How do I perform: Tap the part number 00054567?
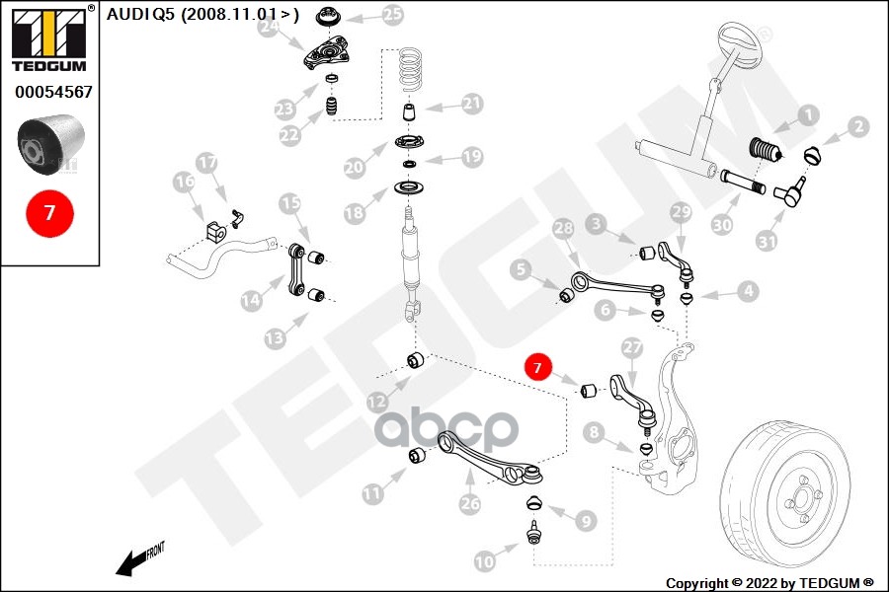coord(53,92)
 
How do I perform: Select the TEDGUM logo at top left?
coord(46,38)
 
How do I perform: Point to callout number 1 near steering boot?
coord(809,115)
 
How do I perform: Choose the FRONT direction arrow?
coord(137,560)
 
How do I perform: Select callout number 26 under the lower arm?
coord(469,504)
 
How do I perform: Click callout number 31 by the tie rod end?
coord(768,240)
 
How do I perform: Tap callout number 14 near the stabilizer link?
coord(251,298)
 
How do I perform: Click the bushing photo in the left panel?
coord(49,144)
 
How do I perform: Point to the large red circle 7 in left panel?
coord(49,211)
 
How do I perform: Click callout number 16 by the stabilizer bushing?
coord(184,182)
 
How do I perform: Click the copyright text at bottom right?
coord(769,582)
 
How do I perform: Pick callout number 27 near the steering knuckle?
coord(632,347)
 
